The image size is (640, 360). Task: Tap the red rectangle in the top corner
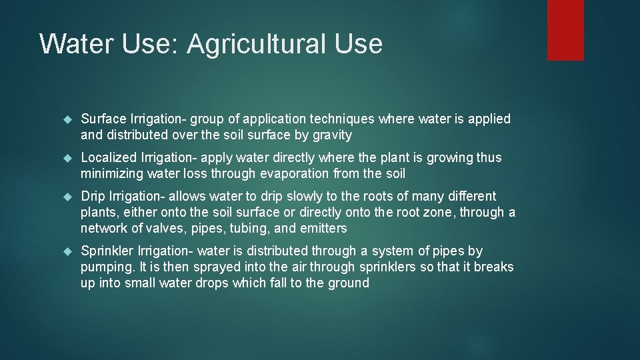tap(565, 30)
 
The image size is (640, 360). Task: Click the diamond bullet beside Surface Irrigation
tap(67, 120)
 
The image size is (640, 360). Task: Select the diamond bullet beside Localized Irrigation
tap(67, 159)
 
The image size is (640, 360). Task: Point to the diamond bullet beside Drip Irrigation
tap(67, 197)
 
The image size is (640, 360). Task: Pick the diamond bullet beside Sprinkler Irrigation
tap(67, 252)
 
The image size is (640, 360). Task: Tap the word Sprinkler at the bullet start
tap(107, 251)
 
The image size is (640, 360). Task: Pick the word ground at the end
tap(347, 283)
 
